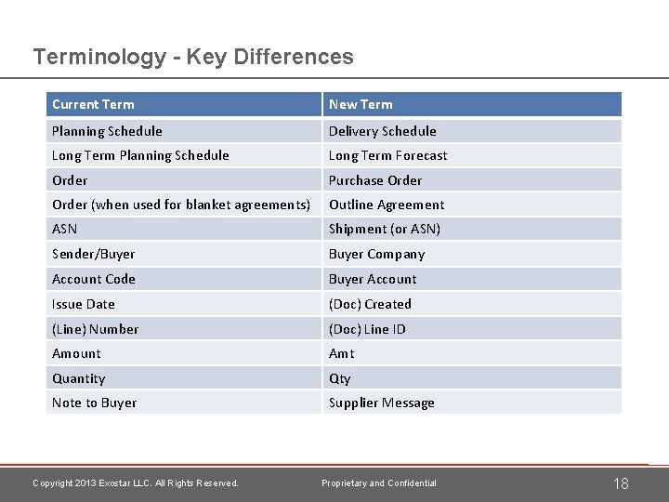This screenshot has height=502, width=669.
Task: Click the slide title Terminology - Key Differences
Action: [193, 57]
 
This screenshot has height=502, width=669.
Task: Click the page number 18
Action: [621, 482]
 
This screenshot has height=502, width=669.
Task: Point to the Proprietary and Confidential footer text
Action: [379, 482]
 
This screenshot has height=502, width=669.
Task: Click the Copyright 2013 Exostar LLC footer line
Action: [136, 482]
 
